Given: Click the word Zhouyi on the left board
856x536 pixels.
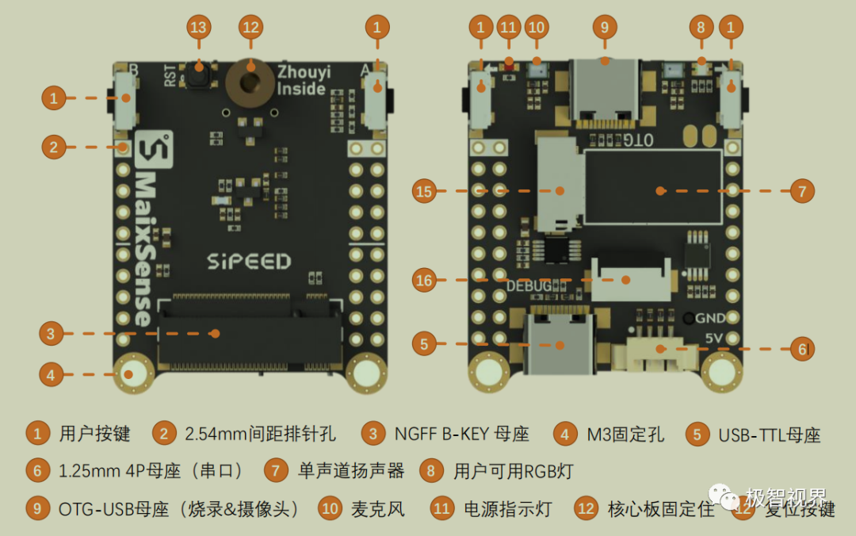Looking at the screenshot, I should click(304, 72).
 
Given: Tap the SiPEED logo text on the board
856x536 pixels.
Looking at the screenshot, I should click(249, 261).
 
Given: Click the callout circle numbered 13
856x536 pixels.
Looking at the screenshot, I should click(198, 27).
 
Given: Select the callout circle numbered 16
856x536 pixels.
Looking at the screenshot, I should click(424, 280).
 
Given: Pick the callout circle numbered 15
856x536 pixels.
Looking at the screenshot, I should click(424, 191).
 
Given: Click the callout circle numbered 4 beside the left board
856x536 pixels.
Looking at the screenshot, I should click(52, 374).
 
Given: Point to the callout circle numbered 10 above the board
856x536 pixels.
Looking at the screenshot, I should click(537, 27).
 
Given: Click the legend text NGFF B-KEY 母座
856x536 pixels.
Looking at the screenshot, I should click(461, 434).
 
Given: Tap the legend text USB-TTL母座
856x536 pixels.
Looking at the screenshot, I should click(769, 435).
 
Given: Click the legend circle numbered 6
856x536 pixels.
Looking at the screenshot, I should click(37, 471).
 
